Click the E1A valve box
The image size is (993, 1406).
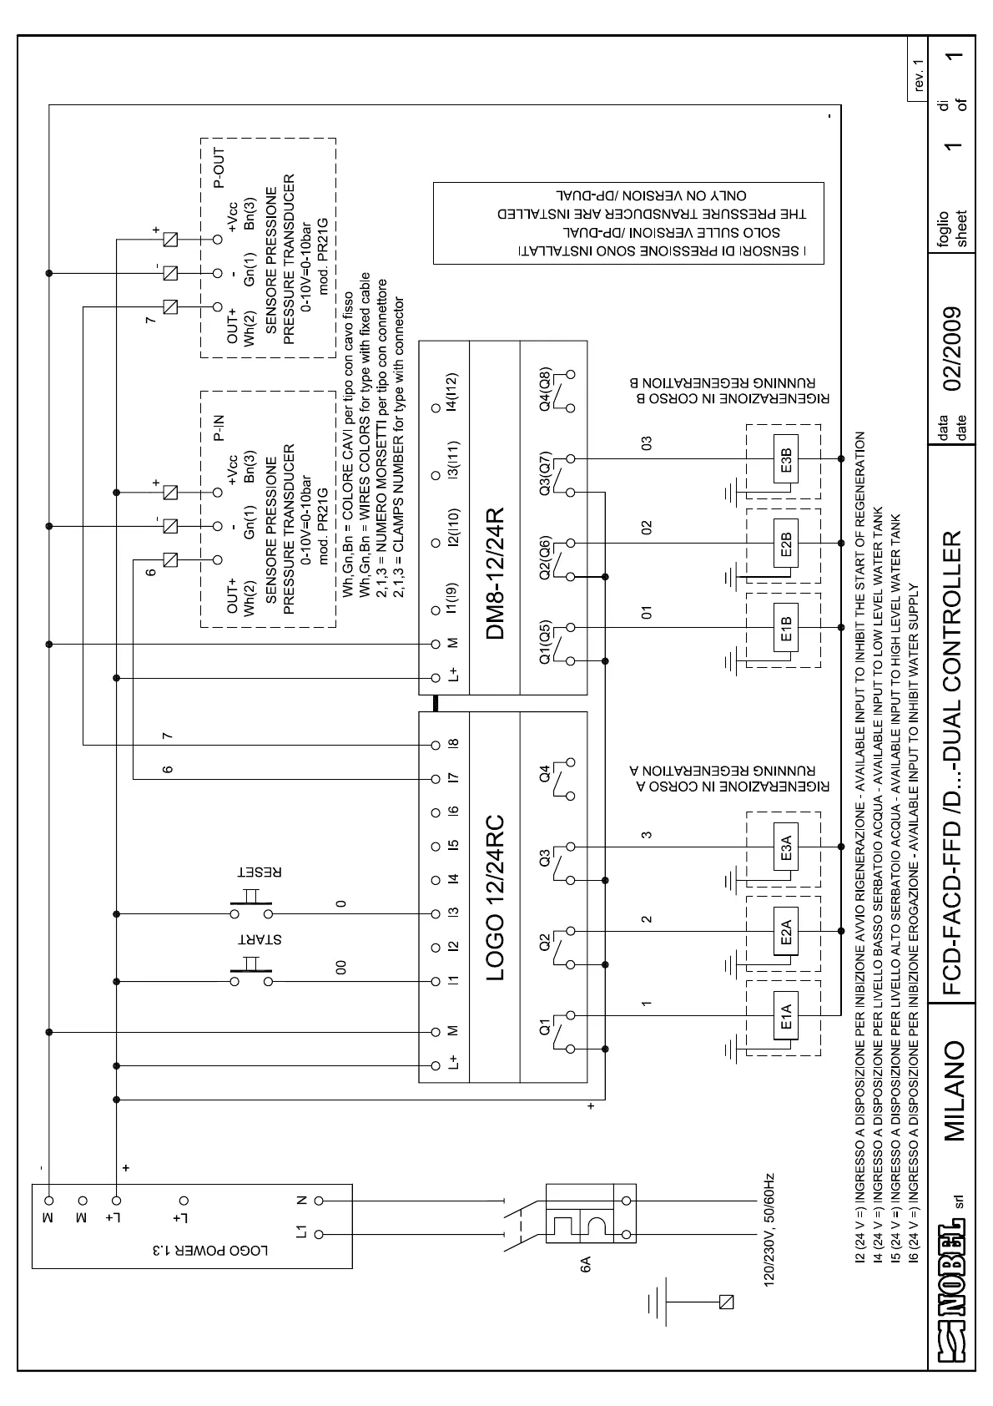[786, 1015]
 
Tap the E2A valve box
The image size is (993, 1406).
[786, 930]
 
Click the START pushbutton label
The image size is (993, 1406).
[260, 938]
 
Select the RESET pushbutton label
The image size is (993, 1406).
[260, 872]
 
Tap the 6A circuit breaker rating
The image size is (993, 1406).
[586, 1267]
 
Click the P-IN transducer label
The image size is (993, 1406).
[219, 427]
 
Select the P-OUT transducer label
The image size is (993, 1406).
[219, 169]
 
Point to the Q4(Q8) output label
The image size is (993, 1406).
[546, 389]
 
